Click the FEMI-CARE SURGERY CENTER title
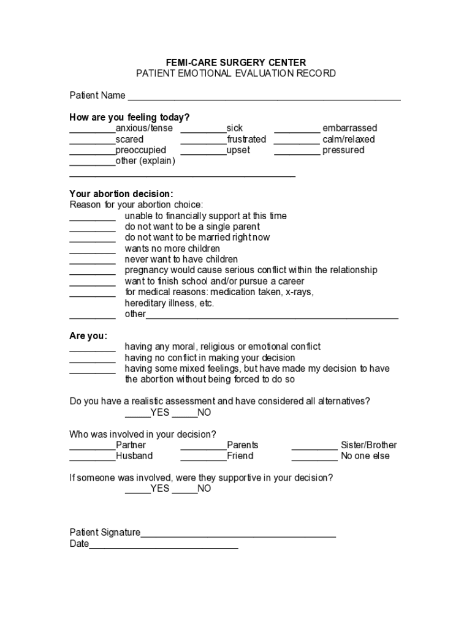[x=236, y=62]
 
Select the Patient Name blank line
[x=264, y=96]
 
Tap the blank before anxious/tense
[x=92, y=129]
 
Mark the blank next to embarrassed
[x=297, y=129]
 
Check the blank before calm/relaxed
[x=297, y=140]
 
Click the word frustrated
[x=246, y=140]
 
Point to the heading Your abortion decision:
[x=121, y=194]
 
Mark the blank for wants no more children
[x=92, y=250]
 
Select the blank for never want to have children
[x=92, y=261]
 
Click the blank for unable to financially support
[x=92, y=217]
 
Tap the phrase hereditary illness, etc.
[x=170, y=303]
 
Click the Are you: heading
[x=88, y=336]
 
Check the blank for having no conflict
[x=92, y=359]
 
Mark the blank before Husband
[x=92, y=457]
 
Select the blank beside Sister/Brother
[x=314, y=446]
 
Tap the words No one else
[x=365, y=456]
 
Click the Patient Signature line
[x=238, y=534]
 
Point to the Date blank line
[x=164, y=545]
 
